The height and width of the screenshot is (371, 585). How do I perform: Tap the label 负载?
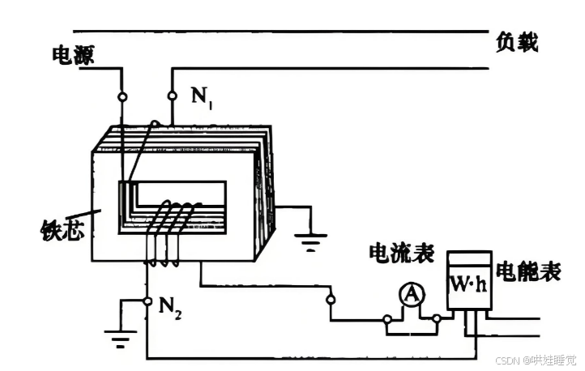[517, 42]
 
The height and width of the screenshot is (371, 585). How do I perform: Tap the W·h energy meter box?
[470, 284]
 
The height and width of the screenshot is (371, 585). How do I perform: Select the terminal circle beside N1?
[172, 96]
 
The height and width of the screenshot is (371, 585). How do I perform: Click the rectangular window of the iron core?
[174, 207]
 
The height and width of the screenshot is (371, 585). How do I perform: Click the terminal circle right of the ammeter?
[438, 319]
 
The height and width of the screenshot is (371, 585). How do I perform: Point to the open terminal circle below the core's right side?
[331, 300]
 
